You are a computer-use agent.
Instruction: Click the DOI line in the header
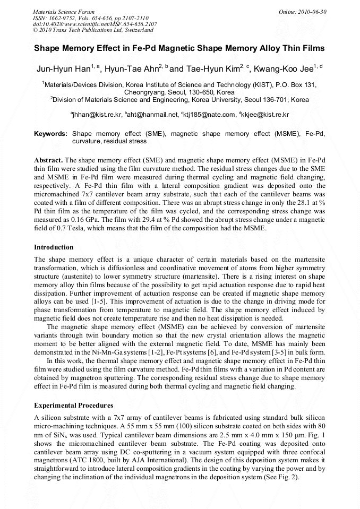95,23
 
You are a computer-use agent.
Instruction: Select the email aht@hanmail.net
152,115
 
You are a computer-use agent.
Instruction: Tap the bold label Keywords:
50,134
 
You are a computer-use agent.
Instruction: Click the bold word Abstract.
48,160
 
